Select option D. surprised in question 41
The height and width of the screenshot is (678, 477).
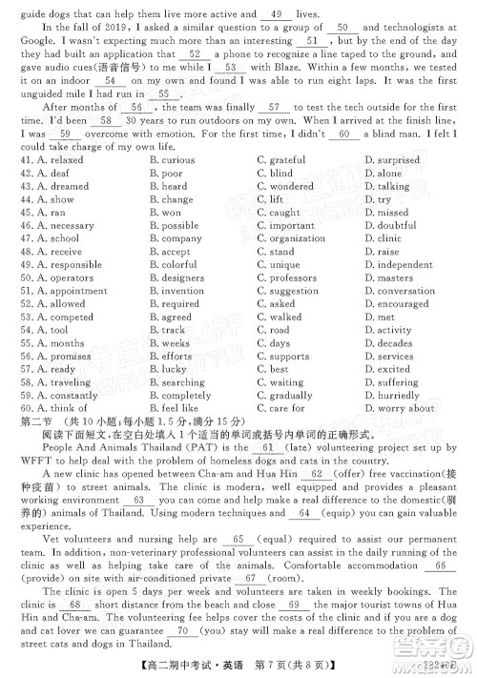click(x=392, y=161)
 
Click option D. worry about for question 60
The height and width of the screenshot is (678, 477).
click(x=394, y=408)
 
